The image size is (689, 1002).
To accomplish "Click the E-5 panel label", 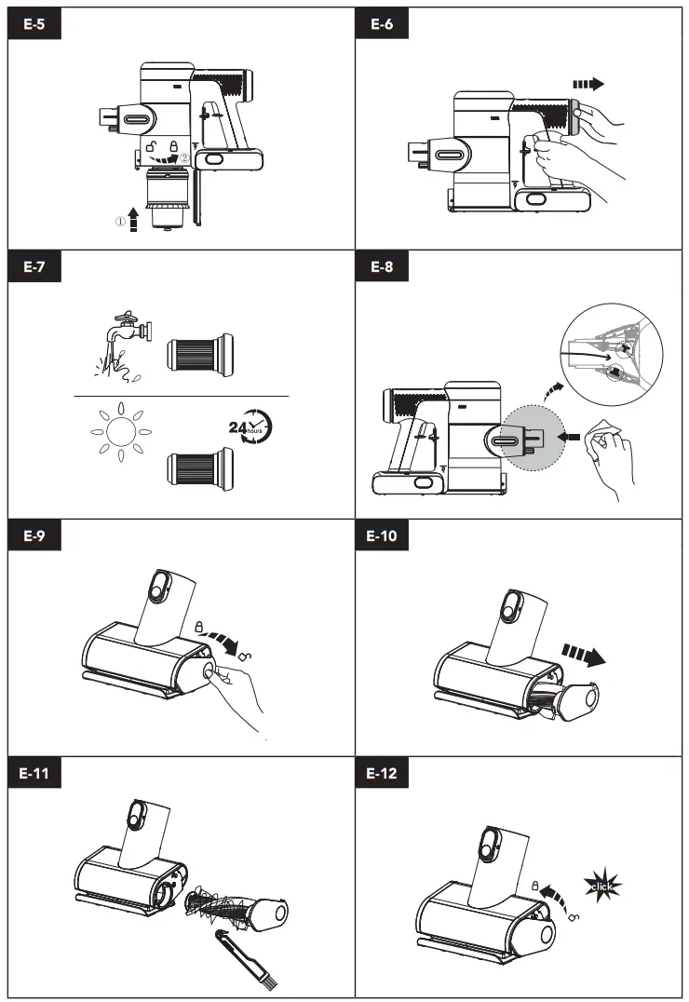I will click(x=35, y=25).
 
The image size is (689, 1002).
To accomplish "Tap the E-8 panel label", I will click(x=382, y=267).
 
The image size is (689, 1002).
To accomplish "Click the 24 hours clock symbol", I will click(x=250, y=426).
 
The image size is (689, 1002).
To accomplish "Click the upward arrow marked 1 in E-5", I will click(x=134, y=223).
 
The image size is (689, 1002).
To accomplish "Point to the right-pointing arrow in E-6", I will click(x=588, y=84).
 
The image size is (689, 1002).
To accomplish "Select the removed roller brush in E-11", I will click(x=238, y=909).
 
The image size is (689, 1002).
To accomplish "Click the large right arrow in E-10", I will click(x=581, y=653).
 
